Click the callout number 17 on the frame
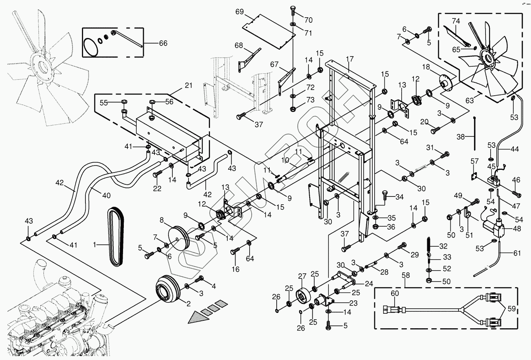350,59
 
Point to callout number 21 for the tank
188,86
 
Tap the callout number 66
163,43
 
